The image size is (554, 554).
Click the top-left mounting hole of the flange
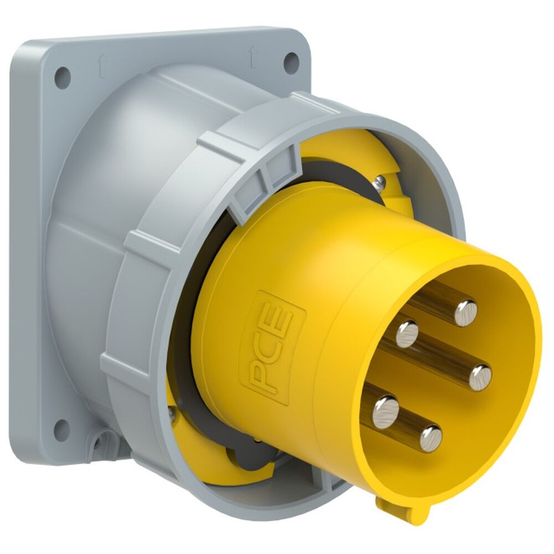63,74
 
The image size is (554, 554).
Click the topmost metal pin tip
465,313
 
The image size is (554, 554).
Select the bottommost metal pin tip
430,439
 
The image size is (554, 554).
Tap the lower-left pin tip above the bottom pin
386,411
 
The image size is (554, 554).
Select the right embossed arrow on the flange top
252,55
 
